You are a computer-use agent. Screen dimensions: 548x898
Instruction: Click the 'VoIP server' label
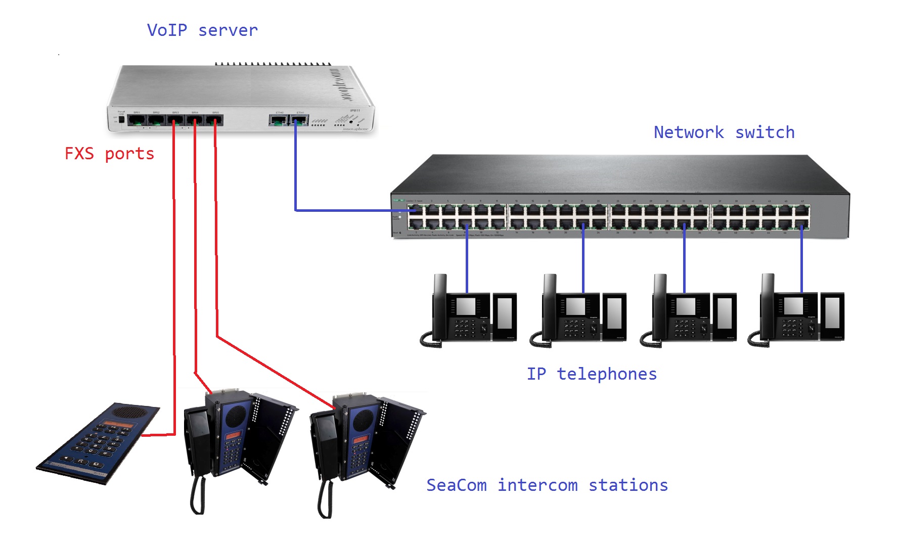202,30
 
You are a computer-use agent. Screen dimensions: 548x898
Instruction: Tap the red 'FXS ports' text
109,154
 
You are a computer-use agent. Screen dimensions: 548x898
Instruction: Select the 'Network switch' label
724,132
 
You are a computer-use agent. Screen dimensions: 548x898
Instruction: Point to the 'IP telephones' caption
592,374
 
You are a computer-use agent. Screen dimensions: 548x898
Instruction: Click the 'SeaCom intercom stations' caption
547,485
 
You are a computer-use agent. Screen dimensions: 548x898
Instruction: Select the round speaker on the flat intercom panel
131,413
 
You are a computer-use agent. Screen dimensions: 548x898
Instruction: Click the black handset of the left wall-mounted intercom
197,440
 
